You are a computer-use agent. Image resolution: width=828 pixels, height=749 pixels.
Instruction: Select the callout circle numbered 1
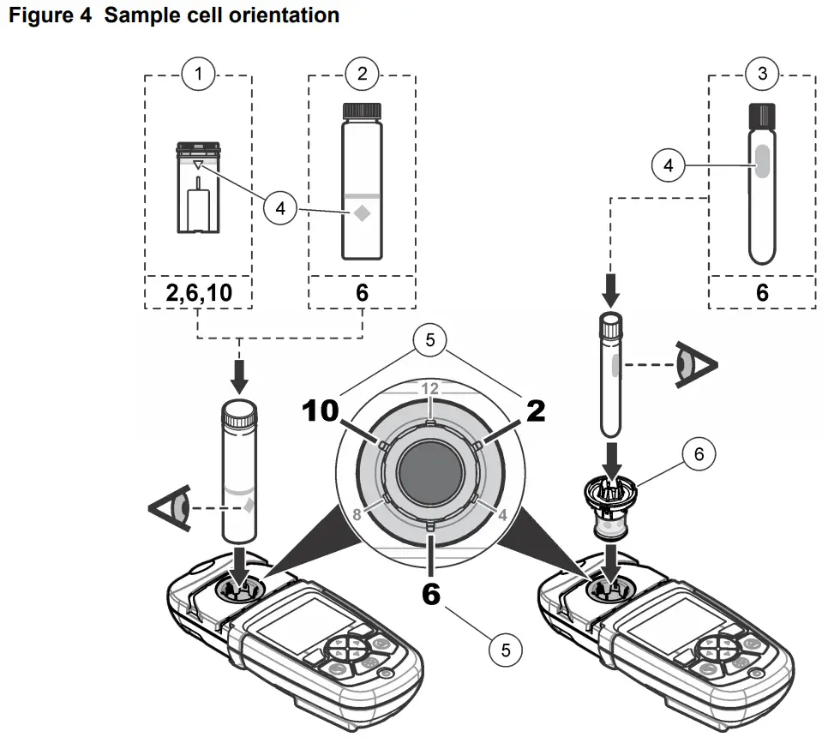tap(198, 74)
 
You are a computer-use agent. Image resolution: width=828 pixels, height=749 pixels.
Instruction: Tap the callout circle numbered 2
tap(362, 74)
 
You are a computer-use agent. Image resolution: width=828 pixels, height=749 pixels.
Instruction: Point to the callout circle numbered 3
tap(762, 74)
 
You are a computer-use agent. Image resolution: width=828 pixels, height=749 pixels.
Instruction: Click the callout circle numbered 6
tap(699, 454)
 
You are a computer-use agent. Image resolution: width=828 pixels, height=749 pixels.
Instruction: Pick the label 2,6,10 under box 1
tap(198, 292)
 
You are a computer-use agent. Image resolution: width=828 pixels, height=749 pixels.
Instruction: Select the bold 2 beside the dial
tap(535, 411)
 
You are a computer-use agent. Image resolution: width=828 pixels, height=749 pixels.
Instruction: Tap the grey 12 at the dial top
tap(429, 389)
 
